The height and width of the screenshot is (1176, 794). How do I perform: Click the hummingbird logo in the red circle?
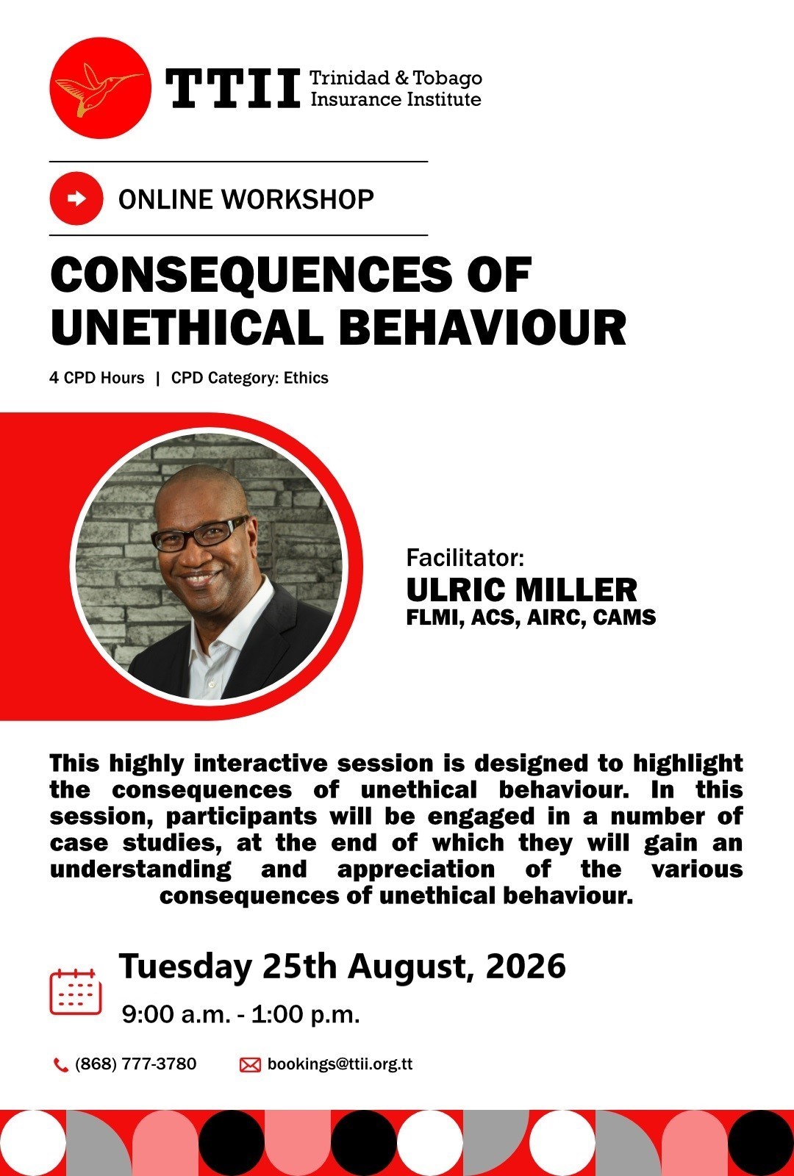tap(100, 88)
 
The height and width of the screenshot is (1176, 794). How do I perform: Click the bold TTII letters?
tap(233, 89)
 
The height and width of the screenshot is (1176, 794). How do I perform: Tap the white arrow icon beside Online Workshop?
tap(76, 198)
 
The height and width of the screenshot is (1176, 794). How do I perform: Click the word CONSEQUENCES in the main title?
tap(251, 275)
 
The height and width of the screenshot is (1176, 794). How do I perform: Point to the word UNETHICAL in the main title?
tap(187, 327)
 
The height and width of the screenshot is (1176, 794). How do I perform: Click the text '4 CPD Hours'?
tap(97, 378)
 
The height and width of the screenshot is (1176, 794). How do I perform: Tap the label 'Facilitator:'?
tap(465, 558)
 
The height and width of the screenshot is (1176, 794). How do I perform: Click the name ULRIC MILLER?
tap(521, 590)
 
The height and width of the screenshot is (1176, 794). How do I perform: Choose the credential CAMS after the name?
tap(624, 617)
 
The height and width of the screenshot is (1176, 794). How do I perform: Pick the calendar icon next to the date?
tap(76, 992)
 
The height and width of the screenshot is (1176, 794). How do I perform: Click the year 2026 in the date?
tap(526, 966)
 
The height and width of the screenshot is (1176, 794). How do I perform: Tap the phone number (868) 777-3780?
tap(136, 1064)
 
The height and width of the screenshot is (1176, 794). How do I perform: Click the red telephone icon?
tap(60, 1065)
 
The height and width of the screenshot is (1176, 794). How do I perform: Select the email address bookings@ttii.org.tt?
tap(340, 1064)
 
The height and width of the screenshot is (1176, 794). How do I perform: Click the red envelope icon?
tap(250, 1065)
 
